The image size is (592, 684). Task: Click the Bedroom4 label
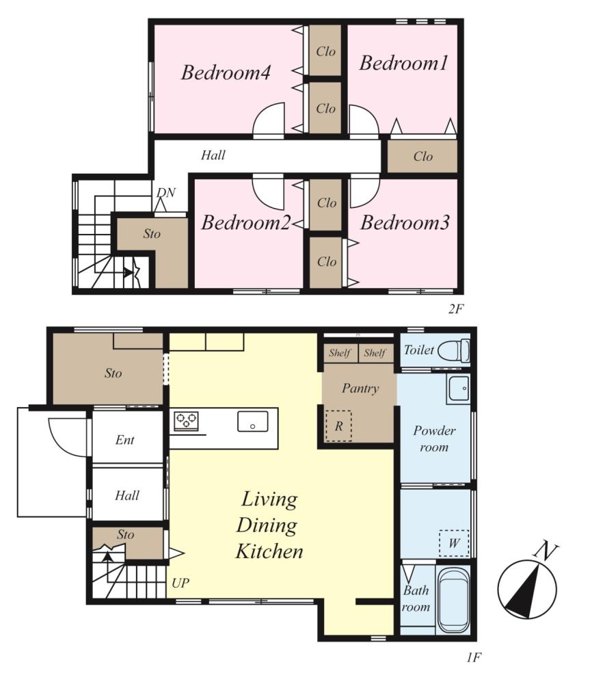coord(226,73)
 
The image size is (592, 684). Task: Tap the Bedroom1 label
coord(404,63)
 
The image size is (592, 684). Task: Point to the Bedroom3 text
coord(405,222)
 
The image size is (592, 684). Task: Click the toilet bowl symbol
coord(454,350)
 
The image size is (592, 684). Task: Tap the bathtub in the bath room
coord(453,601)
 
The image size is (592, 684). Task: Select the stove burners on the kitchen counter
coord(186,421)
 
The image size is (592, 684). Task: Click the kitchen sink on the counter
coord(253,421)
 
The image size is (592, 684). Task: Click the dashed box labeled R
coord(338,425)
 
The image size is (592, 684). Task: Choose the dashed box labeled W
coord(454,543)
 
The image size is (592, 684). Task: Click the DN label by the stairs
coord(165,192)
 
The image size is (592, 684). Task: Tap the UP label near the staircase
coord(180,583)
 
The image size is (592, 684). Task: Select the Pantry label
coord(360,389)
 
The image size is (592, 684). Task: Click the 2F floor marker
coord(456,309)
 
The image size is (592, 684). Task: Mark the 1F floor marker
coord(474,657)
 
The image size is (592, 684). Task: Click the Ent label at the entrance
coord(124,440)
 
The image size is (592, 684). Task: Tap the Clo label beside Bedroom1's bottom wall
coord(423,156)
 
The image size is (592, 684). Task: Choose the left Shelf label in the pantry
coord(340,353)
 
